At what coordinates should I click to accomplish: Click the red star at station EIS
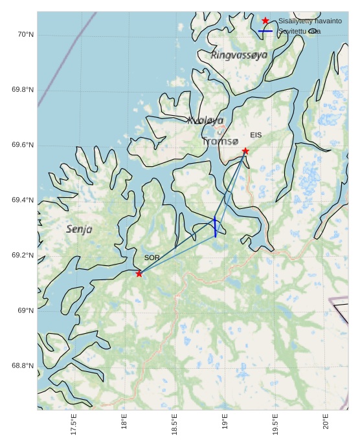coord(245,151)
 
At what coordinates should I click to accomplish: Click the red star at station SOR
coord(139,274)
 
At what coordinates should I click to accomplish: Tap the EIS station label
coord(256,135)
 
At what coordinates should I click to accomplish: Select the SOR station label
coord(152,258)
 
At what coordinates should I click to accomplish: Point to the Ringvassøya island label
coord(239,56)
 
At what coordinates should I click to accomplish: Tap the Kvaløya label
coord(205,120)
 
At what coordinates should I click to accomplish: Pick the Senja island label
coord(79,229)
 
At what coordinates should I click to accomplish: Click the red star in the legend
coord(265,21)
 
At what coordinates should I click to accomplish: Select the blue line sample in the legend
coord(265,31)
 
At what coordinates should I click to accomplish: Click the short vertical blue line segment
coord(215,227)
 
